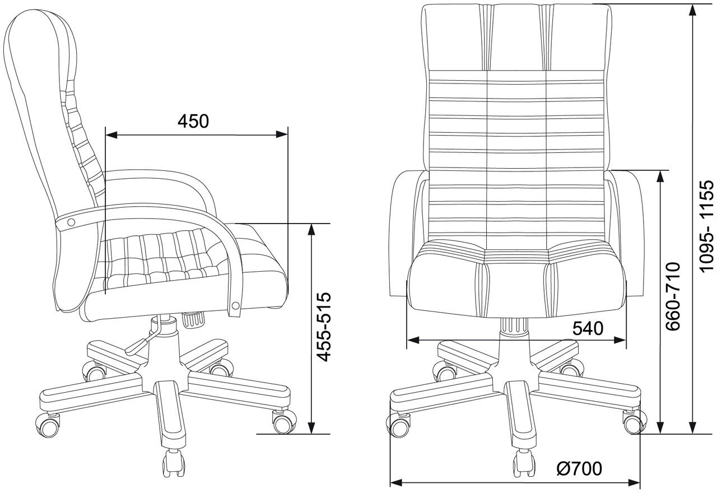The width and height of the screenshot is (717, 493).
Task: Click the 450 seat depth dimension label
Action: (x=193, y=121)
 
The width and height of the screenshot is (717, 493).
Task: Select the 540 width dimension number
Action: (x=588, y=328)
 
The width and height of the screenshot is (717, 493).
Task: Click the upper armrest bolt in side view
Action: (x=71, y=222)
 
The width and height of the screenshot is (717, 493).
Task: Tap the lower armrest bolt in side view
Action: (x=235, y=305)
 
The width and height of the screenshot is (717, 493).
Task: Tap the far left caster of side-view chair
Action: (x=48, y=425)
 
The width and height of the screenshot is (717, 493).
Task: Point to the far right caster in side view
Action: (x=285, y=421)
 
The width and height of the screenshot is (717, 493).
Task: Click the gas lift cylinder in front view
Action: (x=514, y=327)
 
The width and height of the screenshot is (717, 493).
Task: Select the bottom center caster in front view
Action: (x=523, y=463)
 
